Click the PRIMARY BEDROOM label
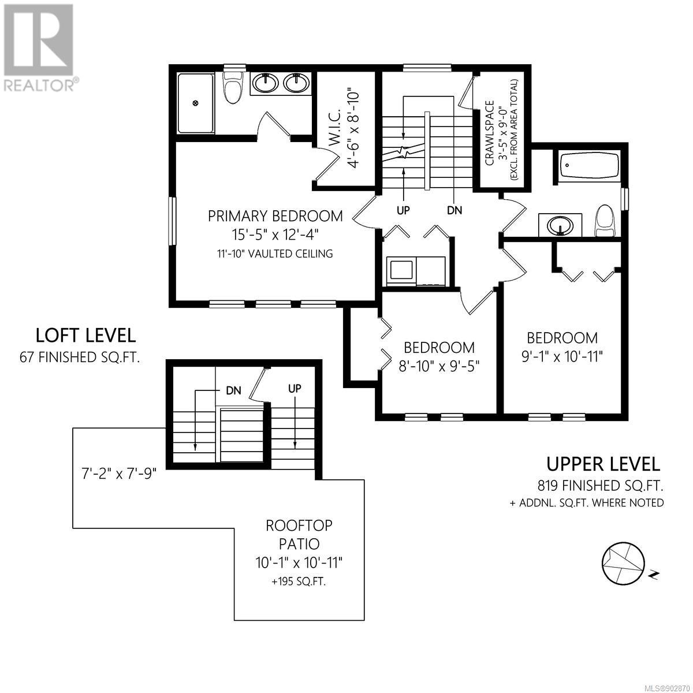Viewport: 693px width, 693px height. [x=275, y=216]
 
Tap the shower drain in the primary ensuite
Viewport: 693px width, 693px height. [x=196, y=103]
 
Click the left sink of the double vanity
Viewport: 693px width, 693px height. [x=266, y=83]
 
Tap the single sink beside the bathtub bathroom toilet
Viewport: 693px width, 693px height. [x=560, y=225]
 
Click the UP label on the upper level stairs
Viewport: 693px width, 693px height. [x=403, y=210]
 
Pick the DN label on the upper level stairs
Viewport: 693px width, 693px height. [x=454, y=210]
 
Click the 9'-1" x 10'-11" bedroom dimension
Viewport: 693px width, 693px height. [x=562, y=357]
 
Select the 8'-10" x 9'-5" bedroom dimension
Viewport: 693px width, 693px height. [x=439, y=367]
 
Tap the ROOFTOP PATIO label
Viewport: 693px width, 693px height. [x=299, y=535]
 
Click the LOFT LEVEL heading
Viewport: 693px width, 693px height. [x=85, y=335]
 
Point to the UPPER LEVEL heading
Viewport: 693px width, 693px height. [x=603, y=464]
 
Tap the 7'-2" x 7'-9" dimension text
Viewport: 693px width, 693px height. [x=119, y=474]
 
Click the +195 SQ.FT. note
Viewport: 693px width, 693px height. [x=299, y=582]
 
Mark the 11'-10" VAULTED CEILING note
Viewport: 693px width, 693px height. [x=275, y=254]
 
